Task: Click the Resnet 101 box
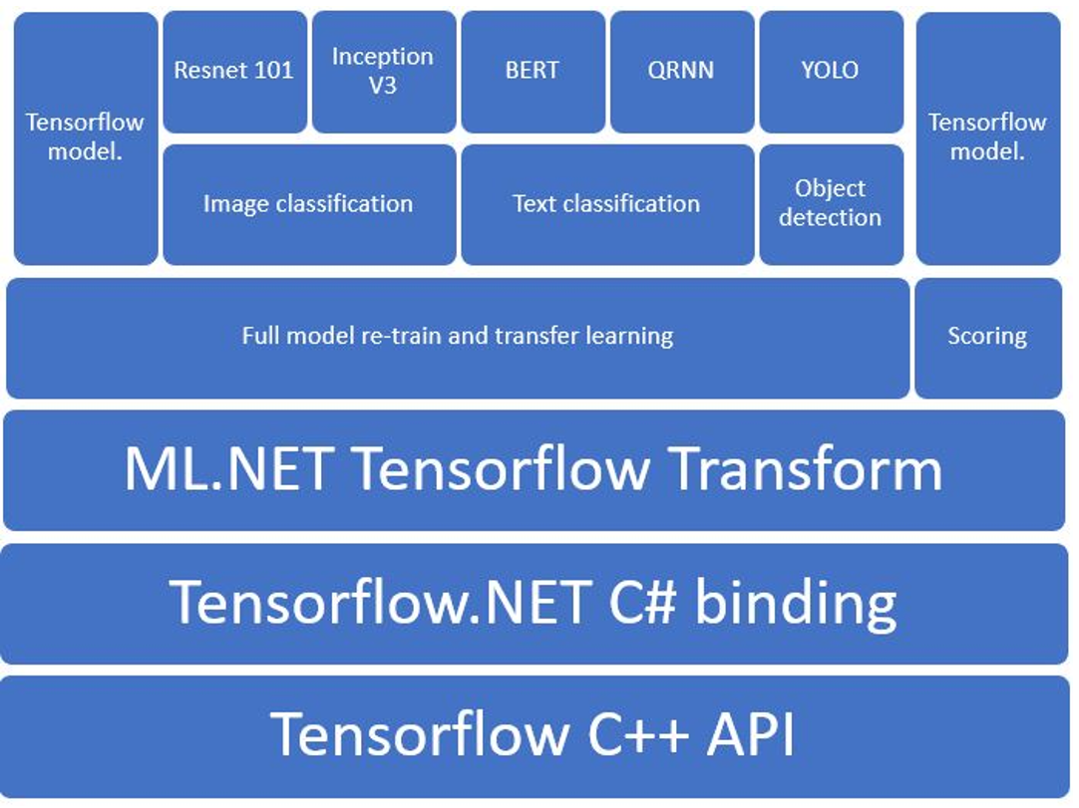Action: (x=234, y=72)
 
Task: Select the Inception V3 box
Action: (x=383, y=72)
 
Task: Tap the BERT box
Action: (x=533, y=72)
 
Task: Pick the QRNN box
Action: (x=682, y=72)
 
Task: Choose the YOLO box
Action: (x=831, y=72)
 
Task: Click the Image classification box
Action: (x=308, y=204)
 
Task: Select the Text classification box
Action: (x=606, y=204)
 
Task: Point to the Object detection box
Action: (x=831, y=204)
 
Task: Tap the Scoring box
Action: (x=987, y=337)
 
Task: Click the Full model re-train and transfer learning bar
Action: (x=457, y=337)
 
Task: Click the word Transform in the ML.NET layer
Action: (x=805, y=469)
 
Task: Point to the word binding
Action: (x=795, y=602)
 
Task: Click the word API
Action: (x=751, y=735)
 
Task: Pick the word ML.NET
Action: (x=226, y=469)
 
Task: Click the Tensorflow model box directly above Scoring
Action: (x=987, y=137)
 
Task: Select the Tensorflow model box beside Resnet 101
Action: (x=85, y=137)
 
